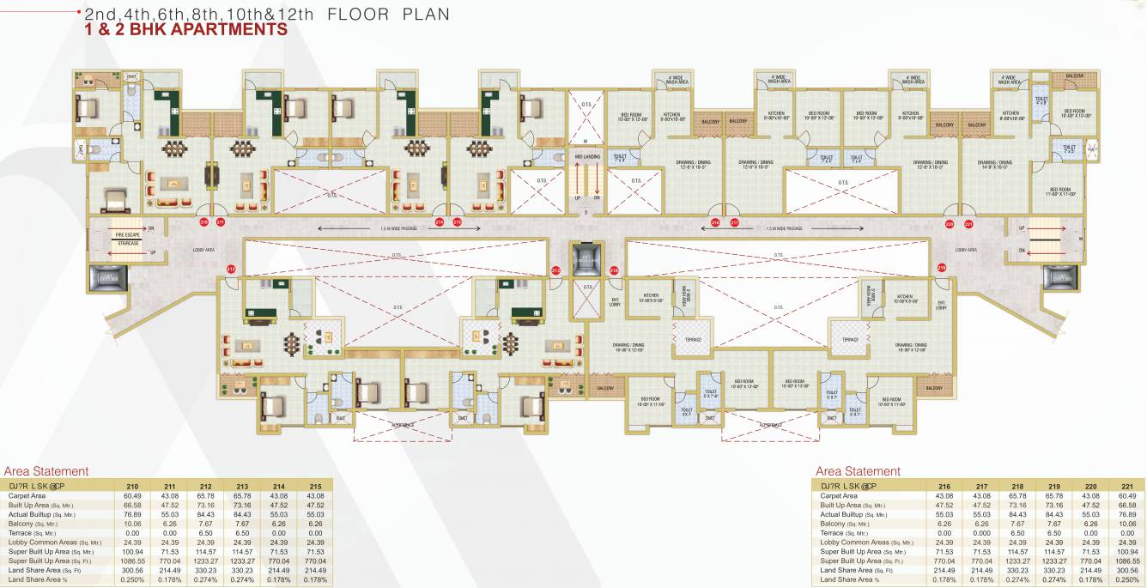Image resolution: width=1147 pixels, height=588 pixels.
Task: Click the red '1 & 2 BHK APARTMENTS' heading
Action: click(185, 30)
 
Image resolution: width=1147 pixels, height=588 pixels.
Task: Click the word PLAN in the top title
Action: click(421, 15)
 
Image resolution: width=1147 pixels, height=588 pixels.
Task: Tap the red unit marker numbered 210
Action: click(204, 222)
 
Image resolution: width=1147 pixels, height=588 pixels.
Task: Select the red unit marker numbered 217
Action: click(735, 223)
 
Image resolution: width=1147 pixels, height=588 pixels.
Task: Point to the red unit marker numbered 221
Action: click(968, 224)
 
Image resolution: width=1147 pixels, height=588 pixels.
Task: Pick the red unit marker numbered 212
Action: click(231, 270)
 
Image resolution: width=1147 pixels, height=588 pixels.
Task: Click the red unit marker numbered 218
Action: click(614, 270)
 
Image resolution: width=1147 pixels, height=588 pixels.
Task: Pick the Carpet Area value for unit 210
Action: click(131, 495)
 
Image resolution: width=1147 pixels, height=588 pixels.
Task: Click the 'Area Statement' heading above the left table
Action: click(46, 471)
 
